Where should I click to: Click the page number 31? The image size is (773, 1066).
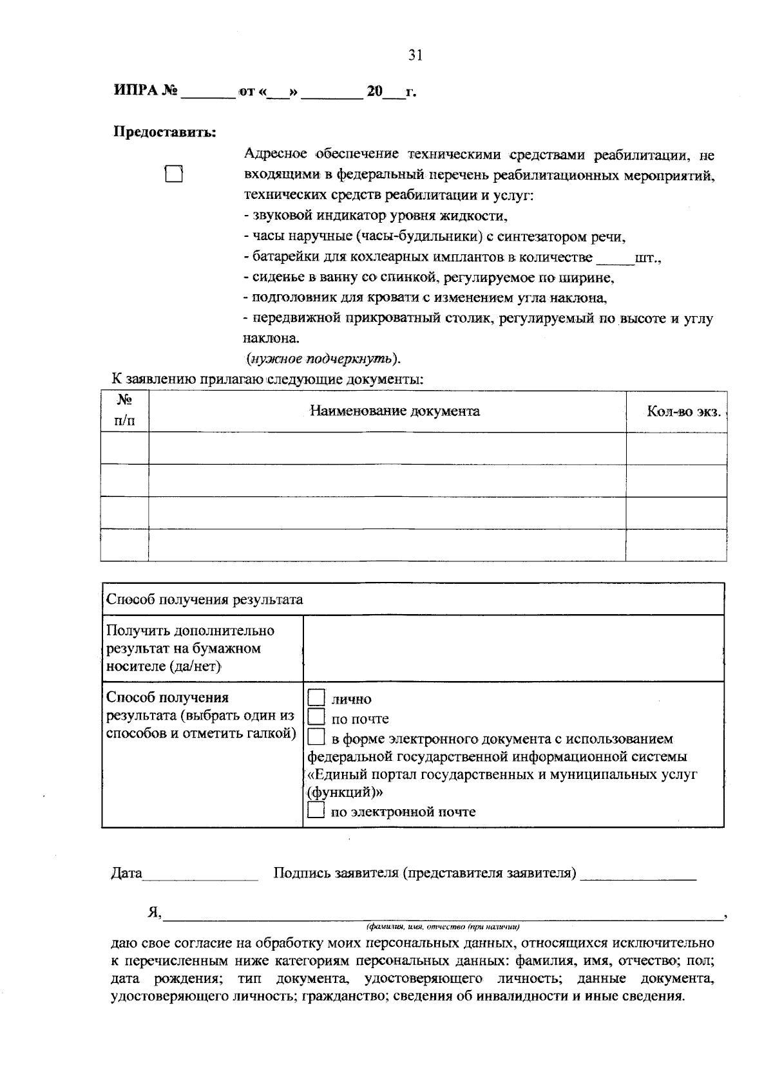click(x=414, y=55)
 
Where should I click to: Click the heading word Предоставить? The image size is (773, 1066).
click(x=165, y=132)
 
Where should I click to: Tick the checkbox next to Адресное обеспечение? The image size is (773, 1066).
click(x=174, y=174)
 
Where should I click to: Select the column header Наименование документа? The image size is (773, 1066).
click(x=395, y=411)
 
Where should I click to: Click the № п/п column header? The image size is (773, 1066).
click(x=125, y=411)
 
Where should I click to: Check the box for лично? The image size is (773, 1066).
click(x=316, y=698)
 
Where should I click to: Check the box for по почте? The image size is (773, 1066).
click(x=316, y=717)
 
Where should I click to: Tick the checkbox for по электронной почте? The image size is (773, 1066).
click(x=316, y=811)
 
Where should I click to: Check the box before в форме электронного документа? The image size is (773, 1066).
click(x=316, y=737)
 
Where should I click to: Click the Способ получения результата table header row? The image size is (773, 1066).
click(x=412, y=599)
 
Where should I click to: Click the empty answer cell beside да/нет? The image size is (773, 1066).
click(x=513, y=648)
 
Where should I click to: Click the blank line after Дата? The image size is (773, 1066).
click(x=200, y=874)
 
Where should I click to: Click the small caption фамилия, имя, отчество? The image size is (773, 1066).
click(x=443, y=927)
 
